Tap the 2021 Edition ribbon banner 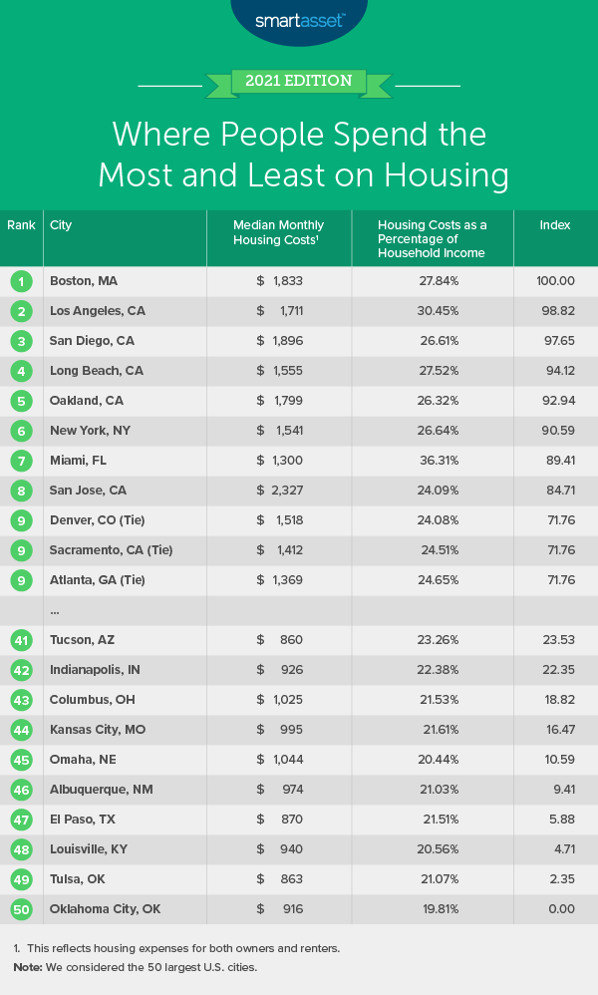click(298, 81)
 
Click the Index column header click(555, 225)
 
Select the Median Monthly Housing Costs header click(278, 232)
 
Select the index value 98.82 click(555, 311)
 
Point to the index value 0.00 click(555, 909)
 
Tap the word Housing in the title click(439, 174)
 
